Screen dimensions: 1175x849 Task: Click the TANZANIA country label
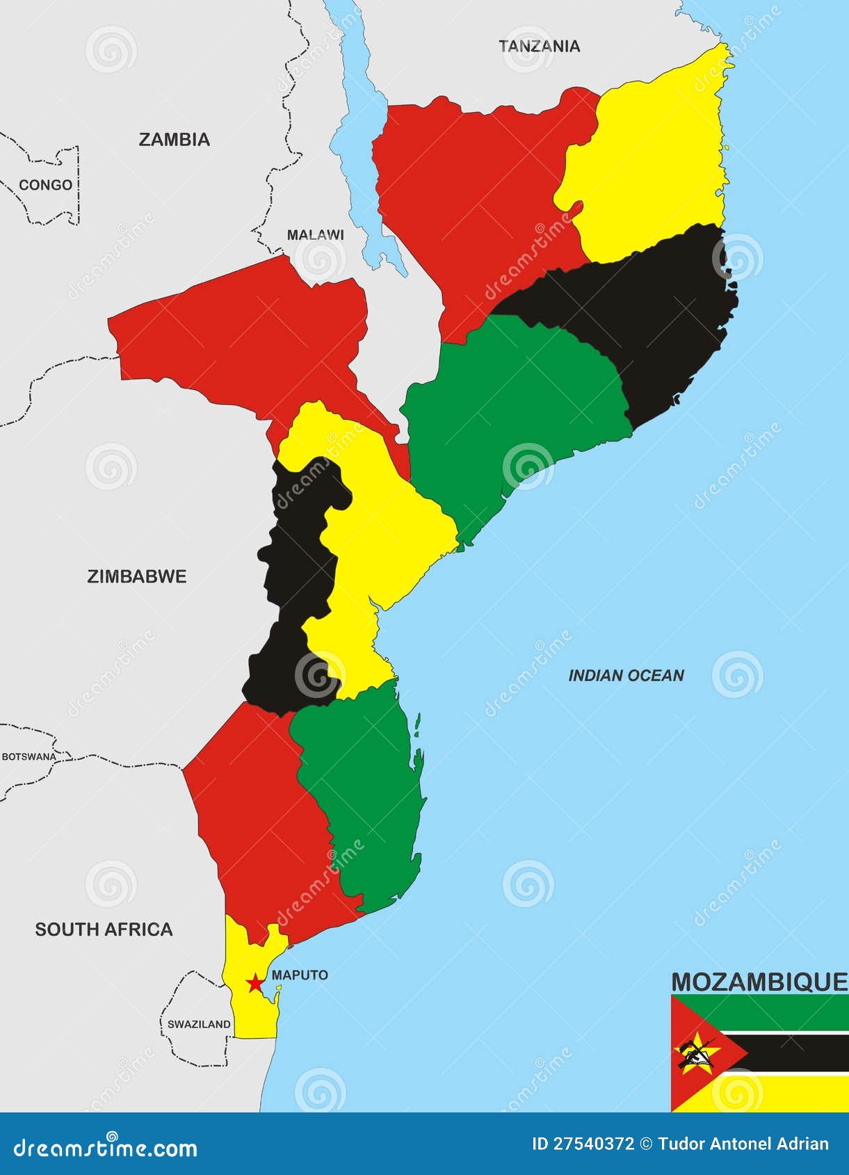(539, 47)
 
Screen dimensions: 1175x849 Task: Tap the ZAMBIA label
(174, 140)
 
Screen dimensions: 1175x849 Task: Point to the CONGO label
(45, 185)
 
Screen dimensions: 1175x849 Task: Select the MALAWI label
(315, 235)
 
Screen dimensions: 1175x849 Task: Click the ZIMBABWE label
(136, 576)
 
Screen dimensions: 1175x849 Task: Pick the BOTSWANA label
(29, 756)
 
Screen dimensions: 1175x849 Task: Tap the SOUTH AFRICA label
(104, 930)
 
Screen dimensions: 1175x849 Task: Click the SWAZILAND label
(199, 1024)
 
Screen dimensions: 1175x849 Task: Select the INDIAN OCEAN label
(626, 676)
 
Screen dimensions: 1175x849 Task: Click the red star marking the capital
(255, 983)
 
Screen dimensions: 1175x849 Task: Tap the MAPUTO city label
(300, 975)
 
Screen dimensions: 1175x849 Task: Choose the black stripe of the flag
(800, 1053)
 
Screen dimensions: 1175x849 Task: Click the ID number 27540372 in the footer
(583, 1144)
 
